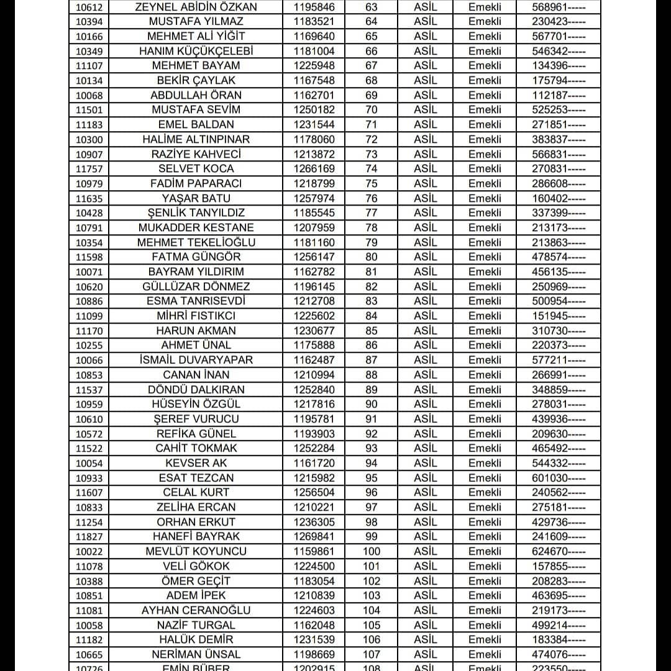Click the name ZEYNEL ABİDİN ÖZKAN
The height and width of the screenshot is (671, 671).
click(196, 7)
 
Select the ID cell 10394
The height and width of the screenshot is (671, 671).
click(89, 22)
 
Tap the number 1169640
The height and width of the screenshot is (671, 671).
click(314, 36)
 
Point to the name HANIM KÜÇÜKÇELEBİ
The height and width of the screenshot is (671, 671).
click(196, 51)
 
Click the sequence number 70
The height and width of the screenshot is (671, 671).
click(372, 110)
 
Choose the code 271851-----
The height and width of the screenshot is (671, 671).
click(558, 124)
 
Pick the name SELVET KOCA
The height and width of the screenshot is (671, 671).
click(196, 168)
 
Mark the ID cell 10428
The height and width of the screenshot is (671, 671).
click(89, 213)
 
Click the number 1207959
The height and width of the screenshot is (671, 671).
click(314, 227)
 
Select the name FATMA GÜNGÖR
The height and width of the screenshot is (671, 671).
click(196, 257)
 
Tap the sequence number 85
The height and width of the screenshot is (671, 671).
click(372, 331)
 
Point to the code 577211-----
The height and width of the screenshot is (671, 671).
click(558, 360)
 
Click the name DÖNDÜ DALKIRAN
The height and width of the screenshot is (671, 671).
click(196, 390)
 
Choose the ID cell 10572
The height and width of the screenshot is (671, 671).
click(89, 434)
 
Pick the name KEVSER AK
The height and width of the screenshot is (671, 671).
click(196, 463)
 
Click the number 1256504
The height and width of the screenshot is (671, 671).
click(314, 492)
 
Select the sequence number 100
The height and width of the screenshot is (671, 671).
click(372, 551)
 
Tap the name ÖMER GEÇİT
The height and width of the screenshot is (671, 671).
click(196, 581)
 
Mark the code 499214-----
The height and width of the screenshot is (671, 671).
click(558, 625)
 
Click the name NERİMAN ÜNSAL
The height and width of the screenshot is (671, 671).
click(196, 654)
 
